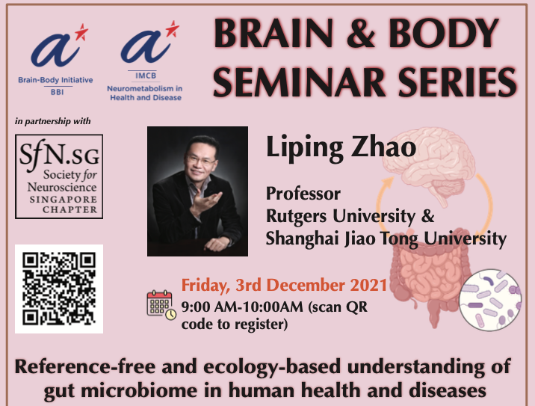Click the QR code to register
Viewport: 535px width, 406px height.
[x=59, y=289]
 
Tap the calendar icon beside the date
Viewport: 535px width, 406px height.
[x=161, y=305]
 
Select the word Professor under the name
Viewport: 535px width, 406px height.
[x=303, y=194]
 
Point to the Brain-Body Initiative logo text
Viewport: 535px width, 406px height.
[x=55, y=80]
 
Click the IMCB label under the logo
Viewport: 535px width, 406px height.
[x=146, y=76]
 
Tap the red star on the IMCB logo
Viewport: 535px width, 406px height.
[x=173, y=28]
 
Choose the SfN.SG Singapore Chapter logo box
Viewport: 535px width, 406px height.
[x=59, y=176]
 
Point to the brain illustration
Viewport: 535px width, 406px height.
[x=429, y=164]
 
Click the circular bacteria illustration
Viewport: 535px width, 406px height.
[x=490, y=300]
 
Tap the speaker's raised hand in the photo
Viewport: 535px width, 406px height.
[x=205, y=201]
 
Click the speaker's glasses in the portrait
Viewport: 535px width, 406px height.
[x=201, y=159]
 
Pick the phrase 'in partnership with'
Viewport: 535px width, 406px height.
[x=53, y=121]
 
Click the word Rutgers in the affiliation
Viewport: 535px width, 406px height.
[x=296, y=217]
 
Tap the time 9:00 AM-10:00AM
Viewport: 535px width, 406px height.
[x=242, y=307]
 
